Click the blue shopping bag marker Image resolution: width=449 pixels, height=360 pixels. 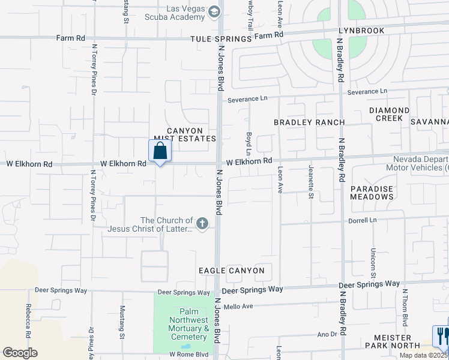(x=160, y=151)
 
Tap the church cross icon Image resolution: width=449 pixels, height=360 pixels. (x=202, y=224)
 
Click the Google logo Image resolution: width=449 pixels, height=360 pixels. (x=20, y=353)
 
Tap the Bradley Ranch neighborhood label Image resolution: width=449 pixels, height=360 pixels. (x=309, y=122)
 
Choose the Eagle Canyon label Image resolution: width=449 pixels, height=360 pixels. (x=232, y=271)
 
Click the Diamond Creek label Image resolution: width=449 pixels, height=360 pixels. (x=389, y=114)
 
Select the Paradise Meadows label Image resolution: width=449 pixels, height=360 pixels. (x=372, y=193)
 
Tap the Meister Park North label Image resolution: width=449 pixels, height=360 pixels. (x=396, y=341)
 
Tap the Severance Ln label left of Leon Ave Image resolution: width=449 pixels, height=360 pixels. (x=246, y=98)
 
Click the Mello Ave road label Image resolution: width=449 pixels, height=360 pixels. (x=238, y=307)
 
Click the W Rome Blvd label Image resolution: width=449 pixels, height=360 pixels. (x=188, y=355)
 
